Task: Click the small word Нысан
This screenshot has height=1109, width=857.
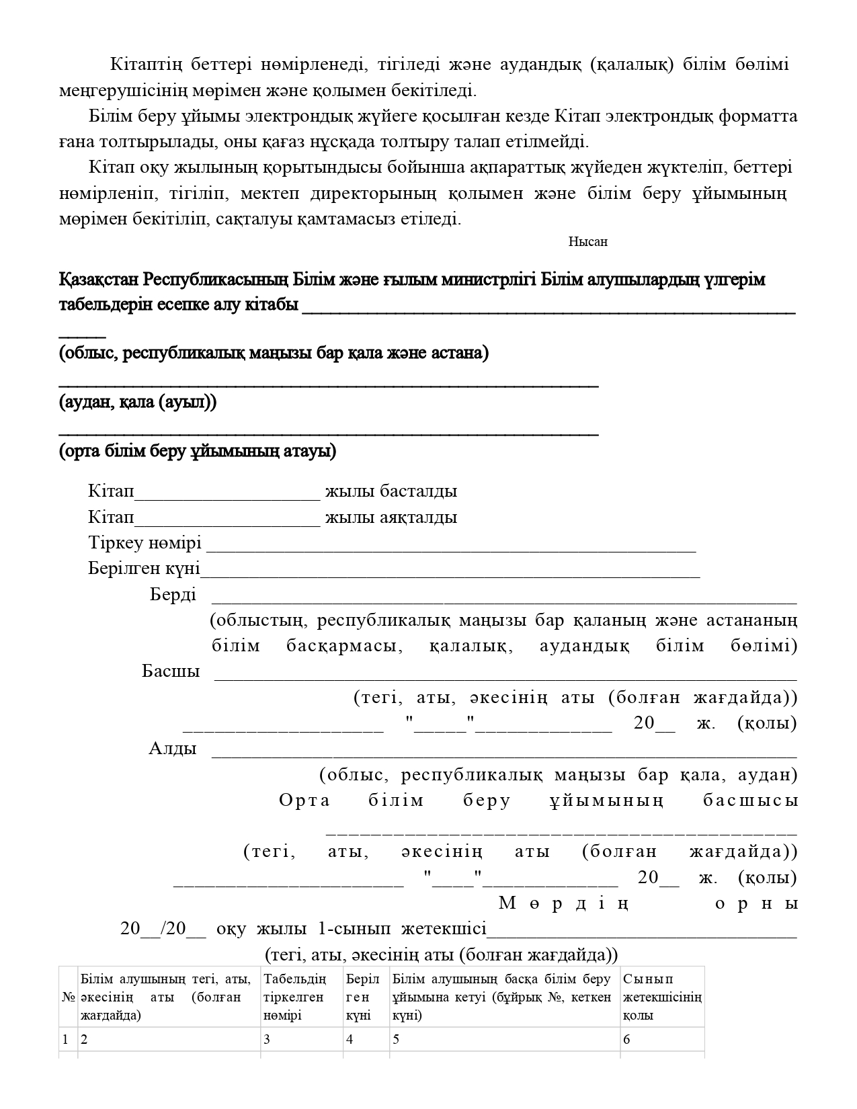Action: point(587,242)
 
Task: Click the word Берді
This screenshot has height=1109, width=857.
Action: point(173,595)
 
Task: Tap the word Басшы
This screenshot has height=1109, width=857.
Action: point(171,671)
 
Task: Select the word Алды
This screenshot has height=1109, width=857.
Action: point(173,749)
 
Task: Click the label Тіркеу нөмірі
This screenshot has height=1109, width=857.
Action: point(145,543)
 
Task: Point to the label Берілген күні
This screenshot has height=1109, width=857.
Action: point(144,569)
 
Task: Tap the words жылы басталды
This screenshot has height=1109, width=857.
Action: point(391,491)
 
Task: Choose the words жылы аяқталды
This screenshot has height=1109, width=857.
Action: point(391,518)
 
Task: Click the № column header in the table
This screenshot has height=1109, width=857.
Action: point(68,997)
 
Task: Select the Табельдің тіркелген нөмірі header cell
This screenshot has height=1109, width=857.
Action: point(301,997)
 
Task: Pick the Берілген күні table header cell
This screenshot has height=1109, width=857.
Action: point(365,997)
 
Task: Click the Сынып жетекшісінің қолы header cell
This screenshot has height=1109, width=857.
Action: point(662,997)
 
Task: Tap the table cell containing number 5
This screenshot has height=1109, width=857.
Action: point(504,1040)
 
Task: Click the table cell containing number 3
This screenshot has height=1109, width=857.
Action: point(301,1040)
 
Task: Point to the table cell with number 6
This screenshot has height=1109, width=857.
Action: point(662,1040)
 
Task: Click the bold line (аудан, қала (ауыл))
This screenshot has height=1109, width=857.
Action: point(138,403)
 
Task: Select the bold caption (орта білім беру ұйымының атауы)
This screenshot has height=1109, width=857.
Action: point(198,451)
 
